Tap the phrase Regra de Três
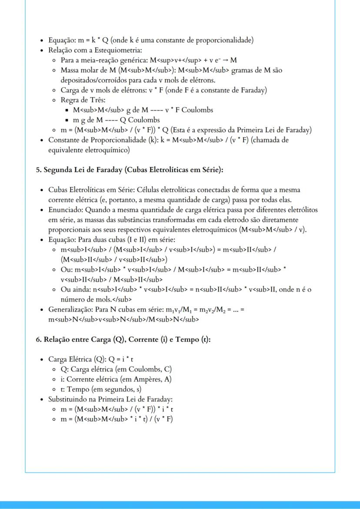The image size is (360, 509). coord(80,100)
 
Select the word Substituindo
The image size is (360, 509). coord(70,399)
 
